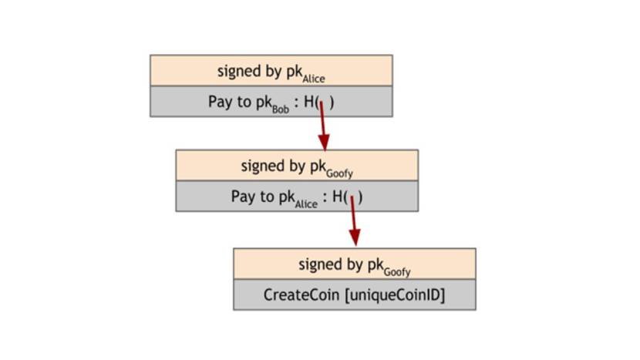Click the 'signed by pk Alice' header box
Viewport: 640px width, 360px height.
point(271,70)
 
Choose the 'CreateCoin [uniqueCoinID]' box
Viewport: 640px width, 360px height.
point(354,294)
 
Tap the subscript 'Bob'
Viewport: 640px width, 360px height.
point(281,108)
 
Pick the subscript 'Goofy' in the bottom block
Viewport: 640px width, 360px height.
point(396,271)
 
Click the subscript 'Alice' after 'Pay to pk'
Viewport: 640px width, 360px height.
point(306,204)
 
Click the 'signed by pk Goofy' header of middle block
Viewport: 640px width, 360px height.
point(297,166)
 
